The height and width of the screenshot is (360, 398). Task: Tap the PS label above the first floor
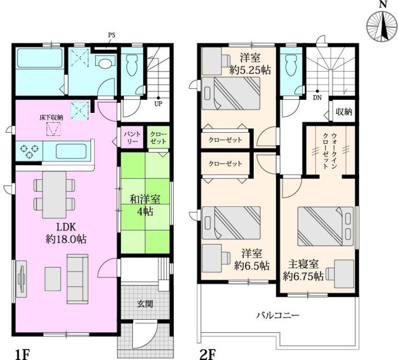tap(112, 35)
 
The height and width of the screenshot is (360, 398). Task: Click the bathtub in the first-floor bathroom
tap(40, 58)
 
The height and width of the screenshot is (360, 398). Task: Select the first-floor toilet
tap(131, 65)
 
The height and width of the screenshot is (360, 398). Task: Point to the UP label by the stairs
tap(158, 104)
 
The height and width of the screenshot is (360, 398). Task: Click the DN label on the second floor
tap(317, 97)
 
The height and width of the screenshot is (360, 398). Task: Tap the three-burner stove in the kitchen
tap(29, 151)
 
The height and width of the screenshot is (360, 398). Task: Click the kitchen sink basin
tap(71, 151)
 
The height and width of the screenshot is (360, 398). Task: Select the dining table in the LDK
tap(54, 194)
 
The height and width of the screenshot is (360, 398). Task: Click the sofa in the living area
tap(78, 279)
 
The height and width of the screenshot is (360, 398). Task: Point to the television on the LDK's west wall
tap(21, 278)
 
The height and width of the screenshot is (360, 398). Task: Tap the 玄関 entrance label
tap(145, 303)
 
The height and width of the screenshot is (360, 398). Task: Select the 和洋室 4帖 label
tap(145, 205)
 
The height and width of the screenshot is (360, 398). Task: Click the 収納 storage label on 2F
tap(344, 111)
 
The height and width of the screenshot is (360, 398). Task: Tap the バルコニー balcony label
tap(278, 315)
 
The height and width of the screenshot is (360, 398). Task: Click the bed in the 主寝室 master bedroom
tap(325, 226)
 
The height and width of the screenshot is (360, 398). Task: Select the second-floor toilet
tap(291, 65)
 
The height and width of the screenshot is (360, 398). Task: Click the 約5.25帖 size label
tap(250, 70)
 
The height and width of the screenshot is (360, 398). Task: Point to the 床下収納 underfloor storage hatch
tap(54, 129)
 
